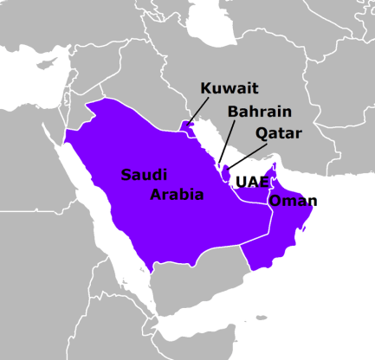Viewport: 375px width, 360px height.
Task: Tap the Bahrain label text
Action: (260, 112)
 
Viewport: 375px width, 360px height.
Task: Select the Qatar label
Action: (278, 133)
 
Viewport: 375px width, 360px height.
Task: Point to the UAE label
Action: (252, 183)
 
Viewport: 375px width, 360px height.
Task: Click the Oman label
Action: (293, 202)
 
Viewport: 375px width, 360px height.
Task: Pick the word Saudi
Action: (144, 174)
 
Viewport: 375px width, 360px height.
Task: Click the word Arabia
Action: (177, 195)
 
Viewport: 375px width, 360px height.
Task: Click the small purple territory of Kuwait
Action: (185, 126)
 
